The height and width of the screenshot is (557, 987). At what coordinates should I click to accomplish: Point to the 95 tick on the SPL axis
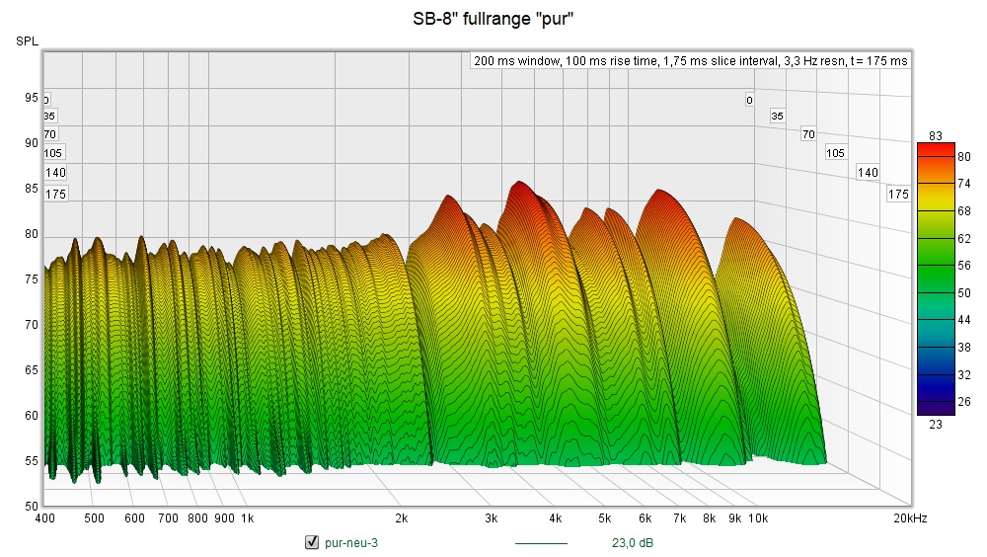coord(32,98)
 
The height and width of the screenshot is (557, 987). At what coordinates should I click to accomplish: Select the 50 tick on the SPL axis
coord(32,506)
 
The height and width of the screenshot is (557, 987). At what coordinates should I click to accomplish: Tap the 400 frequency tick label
coord(44,518)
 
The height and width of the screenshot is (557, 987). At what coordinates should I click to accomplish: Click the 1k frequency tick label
coord(247,518)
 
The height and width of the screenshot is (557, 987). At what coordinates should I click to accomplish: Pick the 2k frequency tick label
coord(401,518)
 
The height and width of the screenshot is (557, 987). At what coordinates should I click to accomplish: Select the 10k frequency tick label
coord(758,518)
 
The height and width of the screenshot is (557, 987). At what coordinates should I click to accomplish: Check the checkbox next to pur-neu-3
coord(312,542)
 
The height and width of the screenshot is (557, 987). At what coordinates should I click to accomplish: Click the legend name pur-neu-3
coord(350,542)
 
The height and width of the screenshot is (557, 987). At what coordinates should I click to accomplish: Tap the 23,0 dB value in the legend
coord(632,542)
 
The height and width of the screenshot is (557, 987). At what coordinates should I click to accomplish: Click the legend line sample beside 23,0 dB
coord(541,542)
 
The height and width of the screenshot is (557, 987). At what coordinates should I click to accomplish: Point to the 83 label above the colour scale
coord(937,135)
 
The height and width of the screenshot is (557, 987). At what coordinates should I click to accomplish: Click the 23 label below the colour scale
coord(937,424)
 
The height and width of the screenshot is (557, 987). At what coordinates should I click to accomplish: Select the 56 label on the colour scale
coord(937,266)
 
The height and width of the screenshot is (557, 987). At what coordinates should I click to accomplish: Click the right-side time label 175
coord(897,195)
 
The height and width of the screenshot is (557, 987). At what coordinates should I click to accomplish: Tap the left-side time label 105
coord(53,152)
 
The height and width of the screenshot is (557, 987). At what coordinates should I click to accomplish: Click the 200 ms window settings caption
coord(690,60)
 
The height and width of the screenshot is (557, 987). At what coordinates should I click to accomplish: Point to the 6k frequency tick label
coord(645,518)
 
